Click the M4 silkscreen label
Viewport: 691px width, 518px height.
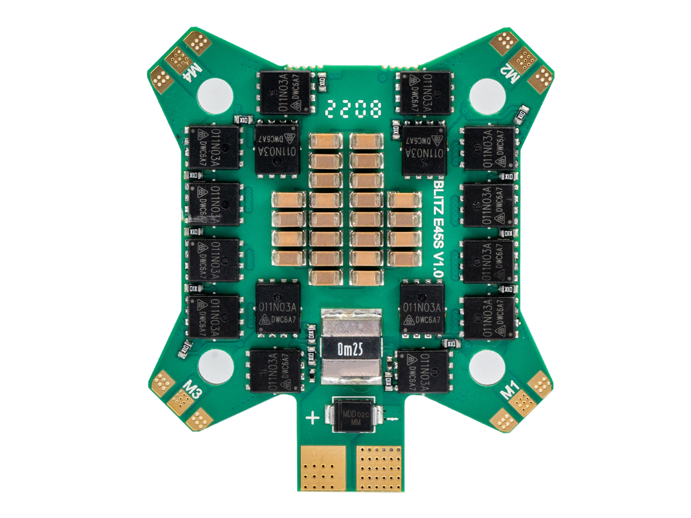(x=193, y=73)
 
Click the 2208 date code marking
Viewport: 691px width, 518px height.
(x=353, y=109)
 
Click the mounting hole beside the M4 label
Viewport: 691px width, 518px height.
(x=216, y=95)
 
